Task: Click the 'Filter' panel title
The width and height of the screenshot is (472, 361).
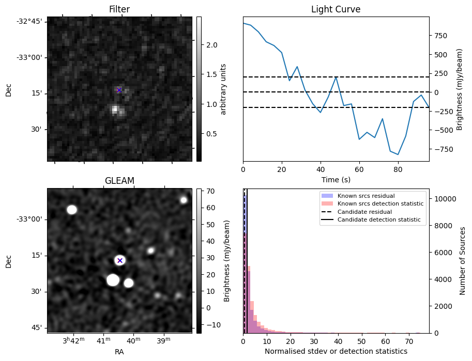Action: (119, 9)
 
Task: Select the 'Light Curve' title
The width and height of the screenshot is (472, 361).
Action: (336, 9)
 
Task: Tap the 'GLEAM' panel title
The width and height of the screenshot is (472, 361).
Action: (119, 180)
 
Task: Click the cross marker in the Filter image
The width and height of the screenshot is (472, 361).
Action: (119, 90)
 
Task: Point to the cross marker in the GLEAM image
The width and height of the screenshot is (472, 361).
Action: (120, 260)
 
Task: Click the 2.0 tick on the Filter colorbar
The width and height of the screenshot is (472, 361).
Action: (211, 45)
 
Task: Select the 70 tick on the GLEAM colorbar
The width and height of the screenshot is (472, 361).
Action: (210, 192)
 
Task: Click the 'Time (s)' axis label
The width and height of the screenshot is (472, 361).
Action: (336, 178)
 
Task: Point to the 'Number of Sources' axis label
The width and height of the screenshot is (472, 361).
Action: (463, 261)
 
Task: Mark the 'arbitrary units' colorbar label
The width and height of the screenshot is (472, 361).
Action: (223, 89)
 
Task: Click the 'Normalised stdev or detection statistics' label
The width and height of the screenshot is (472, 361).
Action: (336, 351)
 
